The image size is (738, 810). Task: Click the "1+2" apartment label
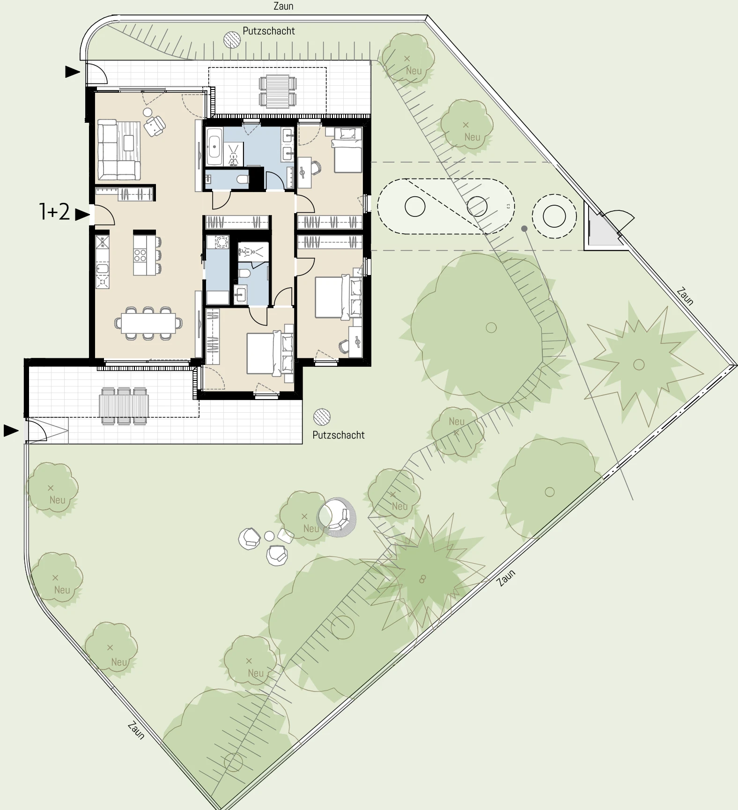tap(54, 212)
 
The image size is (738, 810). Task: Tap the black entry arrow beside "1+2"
tap(82, 215)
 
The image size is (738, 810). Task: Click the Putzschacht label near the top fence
tap(269, 31)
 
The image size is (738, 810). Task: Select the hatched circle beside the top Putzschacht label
tap(232, 39)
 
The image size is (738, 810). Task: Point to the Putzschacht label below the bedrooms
tap(339, 435)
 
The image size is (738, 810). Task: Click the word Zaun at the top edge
tap(283, 6)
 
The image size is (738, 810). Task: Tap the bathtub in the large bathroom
tap(214, 146)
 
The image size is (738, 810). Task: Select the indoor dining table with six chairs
tap(148, 323)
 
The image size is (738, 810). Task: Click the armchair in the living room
tap(155, 126)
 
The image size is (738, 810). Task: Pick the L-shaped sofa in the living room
tap(118, 150)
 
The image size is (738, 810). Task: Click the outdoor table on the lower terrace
tap(124, 406)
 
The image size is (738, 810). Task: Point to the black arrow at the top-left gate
tap(73, 72)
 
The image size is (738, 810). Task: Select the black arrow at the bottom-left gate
tap(11, 430)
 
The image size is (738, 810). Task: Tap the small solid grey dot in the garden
tap(524, 229)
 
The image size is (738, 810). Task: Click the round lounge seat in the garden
tap(337, 517)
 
